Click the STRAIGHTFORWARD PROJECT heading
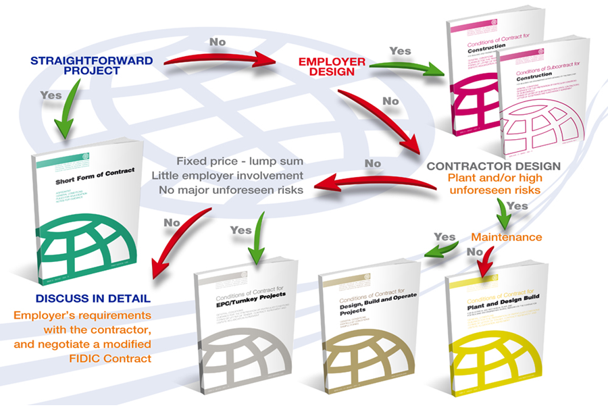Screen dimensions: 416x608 [x=91, y=65]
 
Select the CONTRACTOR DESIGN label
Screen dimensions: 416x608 [x=493, y=165]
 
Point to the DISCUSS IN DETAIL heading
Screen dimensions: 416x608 [x=92, y=298]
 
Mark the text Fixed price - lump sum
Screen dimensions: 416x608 [x=240, y=162]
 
